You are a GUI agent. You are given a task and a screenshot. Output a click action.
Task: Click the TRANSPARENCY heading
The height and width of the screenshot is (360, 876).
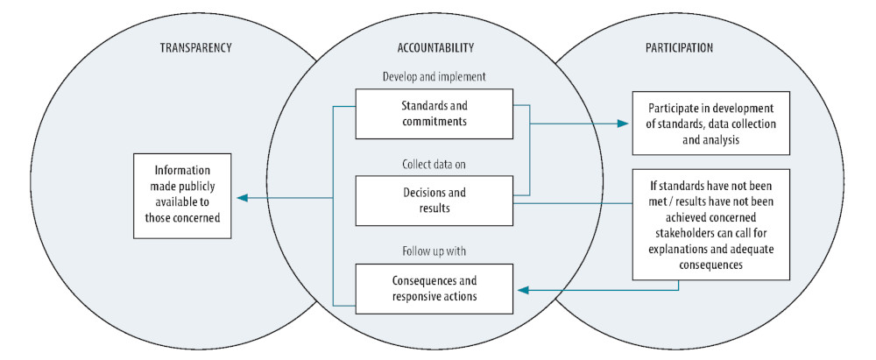tap(185, 47)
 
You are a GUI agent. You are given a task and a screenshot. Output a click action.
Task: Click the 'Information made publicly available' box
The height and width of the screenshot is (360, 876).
tap(182, 196)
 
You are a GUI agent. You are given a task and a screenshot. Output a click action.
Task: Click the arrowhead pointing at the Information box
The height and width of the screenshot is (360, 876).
tap(241, 198)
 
